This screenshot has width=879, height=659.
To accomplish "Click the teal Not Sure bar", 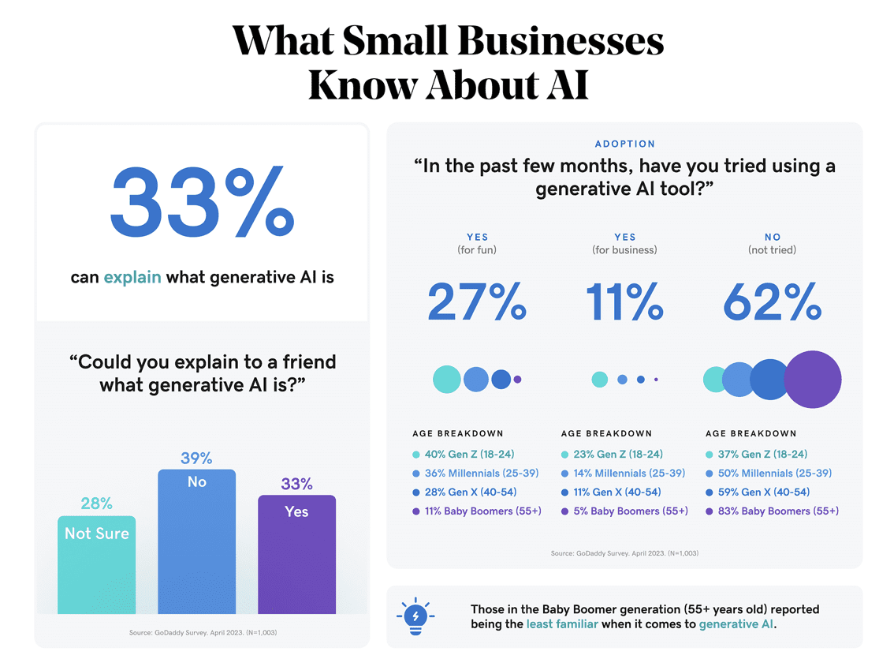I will (96, 564).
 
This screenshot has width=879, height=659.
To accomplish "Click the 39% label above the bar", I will (196, 459).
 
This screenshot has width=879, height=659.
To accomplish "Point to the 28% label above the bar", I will (96, 504).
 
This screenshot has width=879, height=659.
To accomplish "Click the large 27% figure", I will (477, 302).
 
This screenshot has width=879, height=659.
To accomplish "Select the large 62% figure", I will (773, 302).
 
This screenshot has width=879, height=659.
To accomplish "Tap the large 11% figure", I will (624, 302).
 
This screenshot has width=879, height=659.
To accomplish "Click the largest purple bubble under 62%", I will (813, 380).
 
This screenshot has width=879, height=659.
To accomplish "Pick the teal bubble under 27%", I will (447, 380).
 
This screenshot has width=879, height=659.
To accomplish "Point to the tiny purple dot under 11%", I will (656, 380).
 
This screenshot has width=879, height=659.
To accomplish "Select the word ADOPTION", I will (624, 144).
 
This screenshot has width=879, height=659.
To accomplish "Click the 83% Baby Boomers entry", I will (777, 511).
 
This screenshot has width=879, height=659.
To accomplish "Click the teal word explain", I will (132, 277).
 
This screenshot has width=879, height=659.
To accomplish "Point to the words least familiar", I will (562, 623).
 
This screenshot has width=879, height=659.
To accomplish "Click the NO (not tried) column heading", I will (773, 243).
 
